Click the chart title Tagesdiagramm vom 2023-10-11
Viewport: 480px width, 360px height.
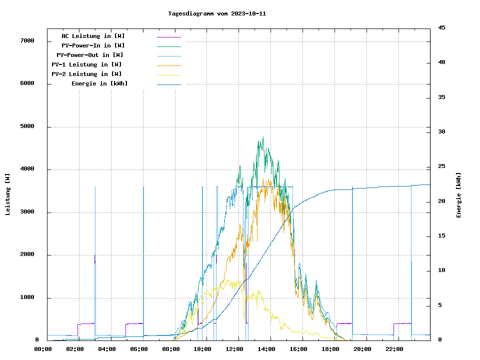(x=217, y=13)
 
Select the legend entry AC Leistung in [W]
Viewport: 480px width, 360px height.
(x=93, y=36)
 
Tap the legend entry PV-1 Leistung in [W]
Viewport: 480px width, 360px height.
(x=86, y=64)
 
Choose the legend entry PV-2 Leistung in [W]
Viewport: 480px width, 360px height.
(x=86, y=74)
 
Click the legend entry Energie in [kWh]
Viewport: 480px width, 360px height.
(x=99, y=83)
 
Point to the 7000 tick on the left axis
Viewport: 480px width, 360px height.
(x=27, y=41)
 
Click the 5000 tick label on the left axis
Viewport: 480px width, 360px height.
(x=27, y=126)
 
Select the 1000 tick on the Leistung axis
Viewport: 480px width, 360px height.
(x=27, y=298)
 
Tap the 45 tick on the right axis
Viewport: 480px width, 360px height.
(x=441, y=28)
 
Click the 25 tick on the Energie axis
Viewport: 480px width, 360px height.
(x=441, y=166)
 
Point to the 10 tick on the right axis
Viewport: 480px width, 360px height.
(x=441, y=270)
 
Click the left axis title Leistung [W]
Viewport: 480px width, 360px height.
(x=8, y=194)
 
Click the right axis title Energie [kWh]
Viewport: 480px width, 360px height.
(x=458, y=195)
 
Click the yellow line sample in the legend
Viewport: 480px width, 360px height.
(x=168, y=74)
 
